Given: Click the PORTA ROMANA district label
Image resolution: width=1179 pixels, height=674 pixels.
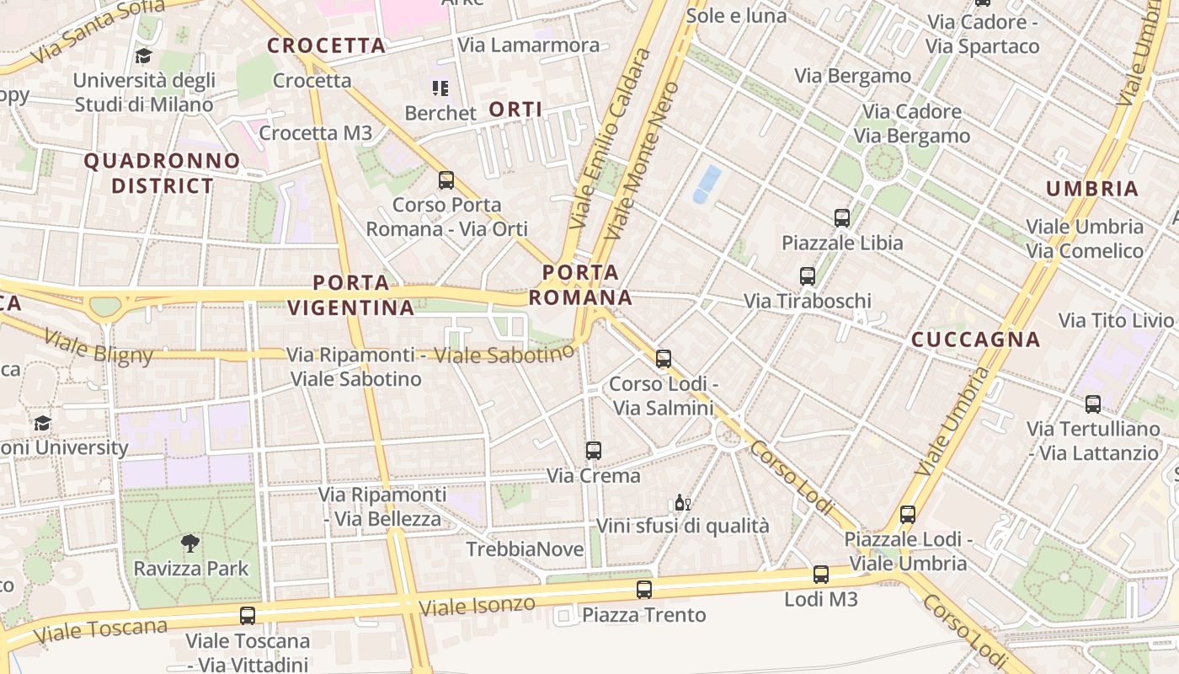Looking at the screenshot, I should [x=580, y=285].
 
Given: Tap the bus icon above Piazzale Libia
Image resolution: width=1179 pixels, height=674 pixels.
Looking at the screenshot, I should [x=841, y=218].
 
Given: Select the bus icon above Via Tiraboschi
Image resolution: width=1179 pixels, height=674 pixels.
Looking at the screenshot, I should [x=807, y=275].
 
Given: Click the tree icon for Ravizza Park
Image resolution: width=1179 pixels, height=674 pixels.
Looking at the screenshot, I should [x=191, y=543].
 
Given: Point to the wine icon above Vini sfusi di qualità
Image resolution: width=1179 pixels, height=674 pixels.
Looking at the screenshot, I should [x=682, y=503].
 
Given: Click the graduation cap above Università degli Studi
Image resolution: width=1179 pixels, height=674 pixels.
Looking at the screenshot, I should [x=143, y=56].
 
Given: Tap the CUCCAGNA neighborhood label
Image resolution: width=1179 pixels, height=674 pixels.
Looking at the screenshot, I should [x=976, y=340].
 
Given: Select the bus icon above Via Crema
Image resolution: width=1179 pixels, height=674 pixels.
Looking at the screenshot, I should [x=593, y=451].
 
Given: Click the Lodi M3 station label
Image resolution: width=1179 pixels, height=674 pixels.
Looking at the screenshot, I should [x=820, y=599].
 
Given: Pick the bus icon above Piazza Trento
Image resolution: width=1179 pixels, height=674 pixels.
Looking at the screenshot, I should [x=643, y=590].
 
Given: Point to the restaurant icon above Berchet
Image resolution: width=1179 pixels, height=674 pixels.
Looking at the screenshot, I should [x=440, y=88].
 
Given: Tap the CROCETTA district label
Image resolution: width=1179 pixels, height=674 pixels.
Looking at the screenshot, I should [x=326, y=45].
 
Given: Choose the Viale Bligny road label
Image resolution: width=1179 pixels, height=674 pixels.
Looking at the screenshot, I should [x=99, y=347].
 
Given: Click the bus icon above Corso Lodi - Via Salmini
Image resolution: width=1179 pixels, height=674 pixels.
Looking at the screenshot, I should [x=663, y=359].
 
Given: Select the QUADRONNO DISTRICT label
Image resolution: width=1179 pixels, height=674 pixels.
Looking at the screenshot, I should [x=162, y=173].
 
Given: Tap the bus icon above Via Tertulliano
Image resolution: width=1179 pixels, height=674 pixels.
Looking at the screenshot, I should [x=1092, y=404].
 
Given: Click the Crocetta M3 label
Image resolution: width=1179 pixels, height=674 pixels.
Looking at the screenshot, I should [x=315, y=133].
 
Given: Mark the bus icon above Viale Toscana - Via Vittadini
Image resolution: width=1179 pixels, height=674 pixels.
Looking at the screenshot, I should [x=247, y=616].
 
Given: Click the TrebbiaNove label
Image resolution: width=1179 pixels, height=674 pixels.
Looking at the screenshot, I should [x=525, y=549].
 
